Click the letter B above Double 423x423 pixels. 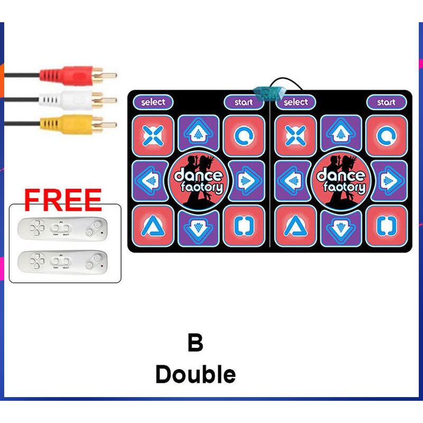pos(195,343)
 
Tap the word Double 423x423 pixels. pos(195,374)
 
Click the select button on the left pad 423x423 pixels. pos(153,102)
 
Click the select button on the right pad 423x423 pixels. pos(296,102)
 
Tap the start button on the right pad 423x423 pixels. pos(385,102)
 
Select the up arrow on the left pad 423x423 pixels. pos(198,135)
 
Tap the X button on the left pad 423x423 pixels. pos(153,135)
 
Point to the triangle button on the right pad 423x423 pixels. pos(296,226)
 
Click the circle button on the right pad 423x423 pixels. pos(387,135)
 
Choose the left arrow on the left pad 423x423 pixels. pos(152,181)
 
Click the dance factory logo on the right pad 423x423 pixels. pos(341,181)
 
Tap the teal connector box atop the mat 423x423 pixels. pos(269,94)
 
